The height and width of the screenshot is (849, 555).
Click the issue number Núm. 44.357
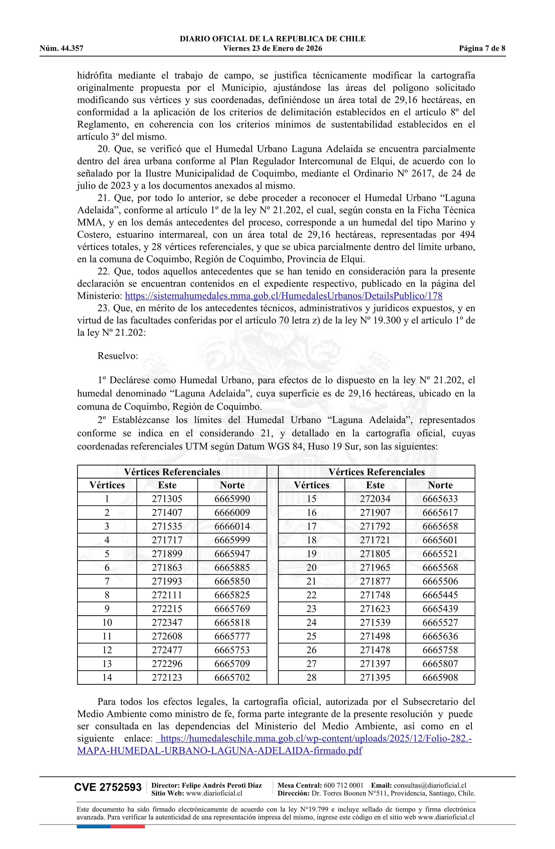tap(61, 49)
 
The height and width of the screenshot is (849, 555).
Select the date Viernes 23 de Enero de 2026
tap(272, 49)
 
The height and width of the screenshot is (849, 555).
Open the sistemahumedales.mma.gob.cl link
tap(284, 296)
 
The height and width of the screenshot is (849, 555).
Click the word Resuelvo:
tap(118, 356)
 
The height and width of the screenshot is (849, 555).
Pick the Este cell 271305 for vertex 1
tap(167, 499)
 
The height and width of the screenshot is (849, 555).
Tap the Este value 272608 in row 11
tap(167, 636)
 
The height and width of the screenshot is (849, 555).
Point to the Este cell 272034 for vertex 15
tap(375, 499)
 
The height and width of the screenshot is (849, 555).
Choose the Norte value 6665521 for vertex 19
tap(440, 554)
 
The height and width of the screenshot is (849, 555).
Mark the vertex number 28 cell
tap(311, 677)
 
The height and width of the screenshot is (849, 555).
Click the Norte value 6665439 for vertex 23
tap(440, 609)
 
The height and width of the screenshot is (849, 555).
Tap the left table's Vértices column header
tap(107, 485)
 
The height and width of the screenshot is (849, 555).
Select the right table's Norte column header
tap(440, 485)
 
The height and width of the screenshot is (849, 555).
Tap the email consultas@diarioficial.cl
tap(430, 785)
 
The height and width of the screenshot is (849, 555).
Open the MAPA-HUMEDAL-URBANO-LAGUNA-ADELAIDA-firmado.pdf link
tap(219, 751)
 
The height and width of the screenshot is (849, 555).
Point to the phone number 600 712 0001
tap(343, 785)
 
